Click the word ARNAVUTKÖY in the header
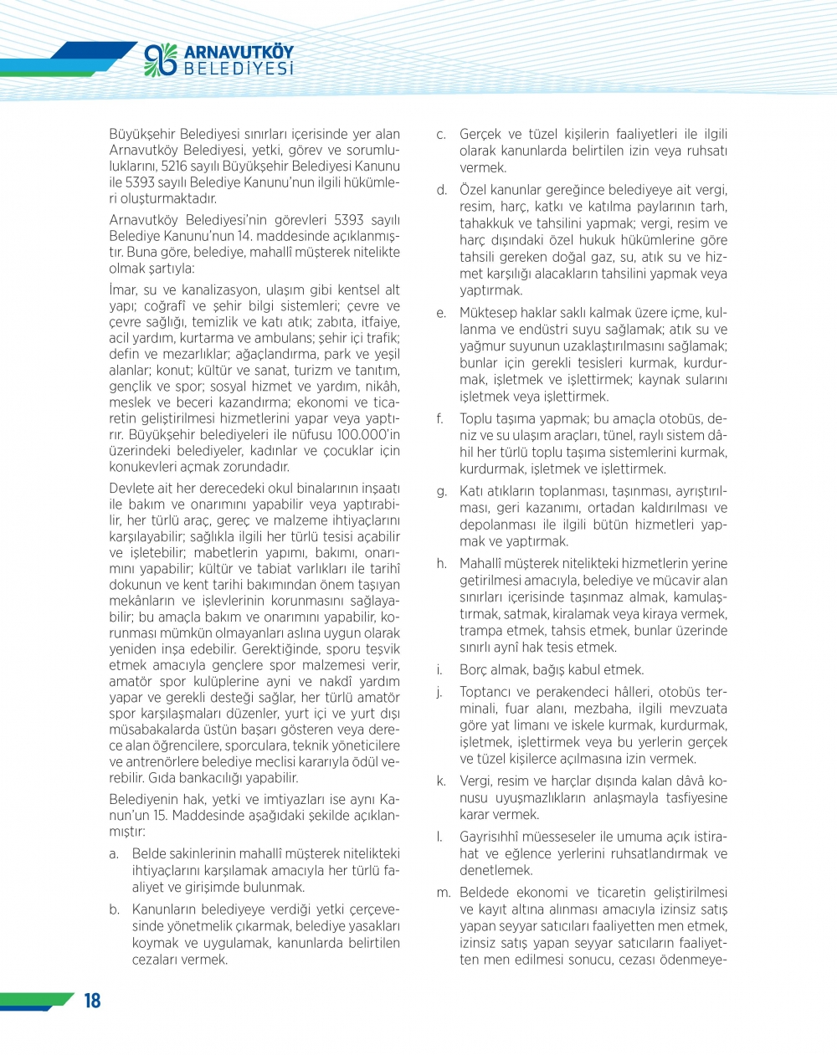(x=239, y=51)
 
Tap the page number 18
(x=91, y=1000)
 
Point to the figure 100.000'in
(x=366, y=435)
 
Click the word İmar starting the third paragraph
(x=122, y=290)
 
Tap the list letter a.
(x=113, y=854)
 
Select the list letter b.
(x=114, y=909)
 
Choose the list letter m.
(x=443, y=893)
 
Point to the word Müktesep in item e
(x=487, y=313)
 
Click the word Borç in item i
(x=474, y=669)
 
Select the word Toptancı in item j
(x=487, y=692)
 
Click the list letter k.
(x=440, y=781)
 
